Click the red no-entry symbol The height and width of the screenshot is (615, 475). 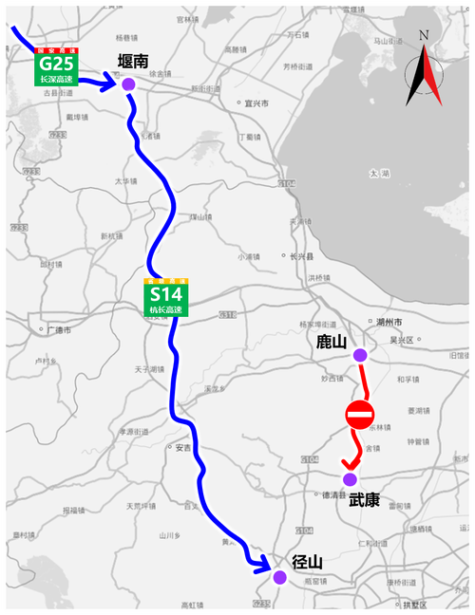[x=360, y=415]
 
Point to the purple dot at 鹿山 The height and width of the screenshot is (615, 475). [x=359, y=355]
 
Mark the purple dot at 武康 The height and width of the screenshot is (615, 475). [x=350, y=478]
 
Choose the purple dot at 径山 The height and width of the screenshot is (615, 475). [x=279, y=576]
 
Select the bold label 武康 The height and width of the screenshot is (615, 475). [x=364, y=498]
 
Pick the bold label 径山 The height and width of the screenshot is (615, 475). [x=307, y=562]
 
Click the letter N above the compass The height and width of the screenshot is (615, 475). [x=425, y=36]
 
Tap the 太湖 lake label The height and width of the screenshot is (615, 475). [x=380, y=174]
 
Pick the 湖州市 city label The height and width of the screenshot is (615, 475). [x=391, y=323]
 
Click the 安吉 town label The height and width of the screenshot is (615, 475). [x=181, y=446]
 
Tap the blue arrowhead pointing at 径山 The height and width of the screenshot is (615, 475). [x=263, y=567]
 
